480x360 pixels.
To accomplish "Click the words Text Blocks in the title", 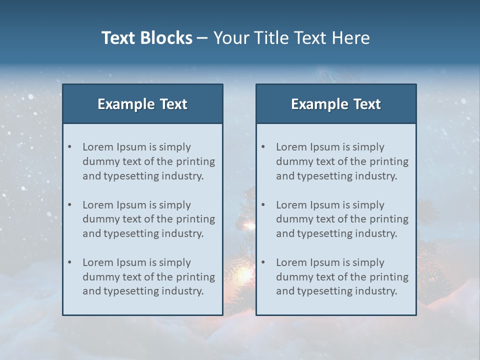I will point(146,38).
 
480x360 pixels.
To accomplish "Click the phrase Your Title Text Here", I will point(291,38).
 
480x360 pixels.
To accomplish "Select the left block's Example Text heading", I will point(142,104).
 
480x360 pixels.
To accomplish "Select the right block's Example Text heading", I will point(336,104).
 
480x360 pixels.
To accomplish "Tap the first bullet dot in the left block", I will point(70,147).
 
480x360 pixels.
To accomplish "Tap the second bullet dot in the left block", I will point(70,205).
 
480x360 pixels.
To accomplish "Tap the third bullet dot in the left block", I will point(70,262).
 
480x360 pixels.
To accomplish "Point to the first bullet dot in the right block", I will point(263,147).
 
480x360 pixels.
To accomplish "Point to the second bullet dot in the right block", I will point(263,205).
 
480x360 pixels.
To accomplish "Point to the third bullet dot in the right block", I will point(263,262).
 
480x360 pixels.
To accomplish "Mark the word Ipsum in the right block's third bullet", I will point(325,262).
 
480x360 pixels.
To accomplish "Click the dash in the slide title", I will point(202,38).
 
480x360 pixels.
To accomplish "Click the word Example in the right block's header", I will point(314,104).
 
